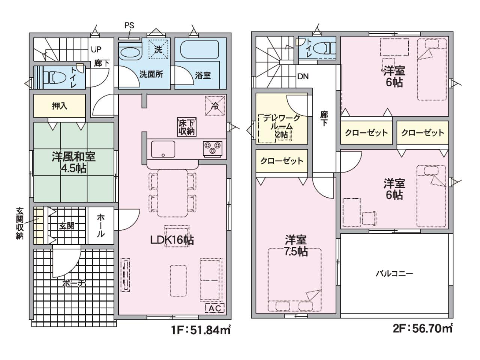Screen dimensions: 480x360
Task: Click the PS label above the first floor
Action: (129, 25)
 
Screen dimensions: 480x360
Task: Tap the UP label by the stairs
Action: (96, 49)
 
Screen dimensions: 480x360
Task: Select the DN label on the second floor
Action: (303, 76)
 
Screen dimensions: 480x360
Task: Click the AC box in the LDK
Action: (215, 308)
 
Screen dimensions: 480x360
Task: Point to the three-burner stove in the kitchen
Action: (212, 149)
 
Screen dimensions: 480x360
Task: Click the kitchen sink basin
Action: (163, 149)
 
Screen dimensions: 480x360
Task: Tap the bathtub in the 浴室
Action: (199, 49)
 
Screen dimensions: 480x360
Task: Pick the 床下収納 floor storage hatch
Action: (186, 127)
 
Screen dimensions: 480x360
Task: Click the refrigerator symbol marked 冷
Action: (215, 106)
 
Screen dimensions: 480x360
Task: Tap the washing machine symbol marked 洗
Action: (158, 49)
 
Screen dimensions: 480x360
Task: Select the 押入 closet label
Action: (60, 106)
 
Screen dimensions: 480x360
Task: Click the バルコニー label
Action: (394, 273)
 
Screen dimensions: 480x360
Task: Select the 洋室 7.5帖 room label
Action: (296, 246)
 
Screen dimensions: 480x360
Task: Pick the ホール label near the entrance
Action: (100, 226)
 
